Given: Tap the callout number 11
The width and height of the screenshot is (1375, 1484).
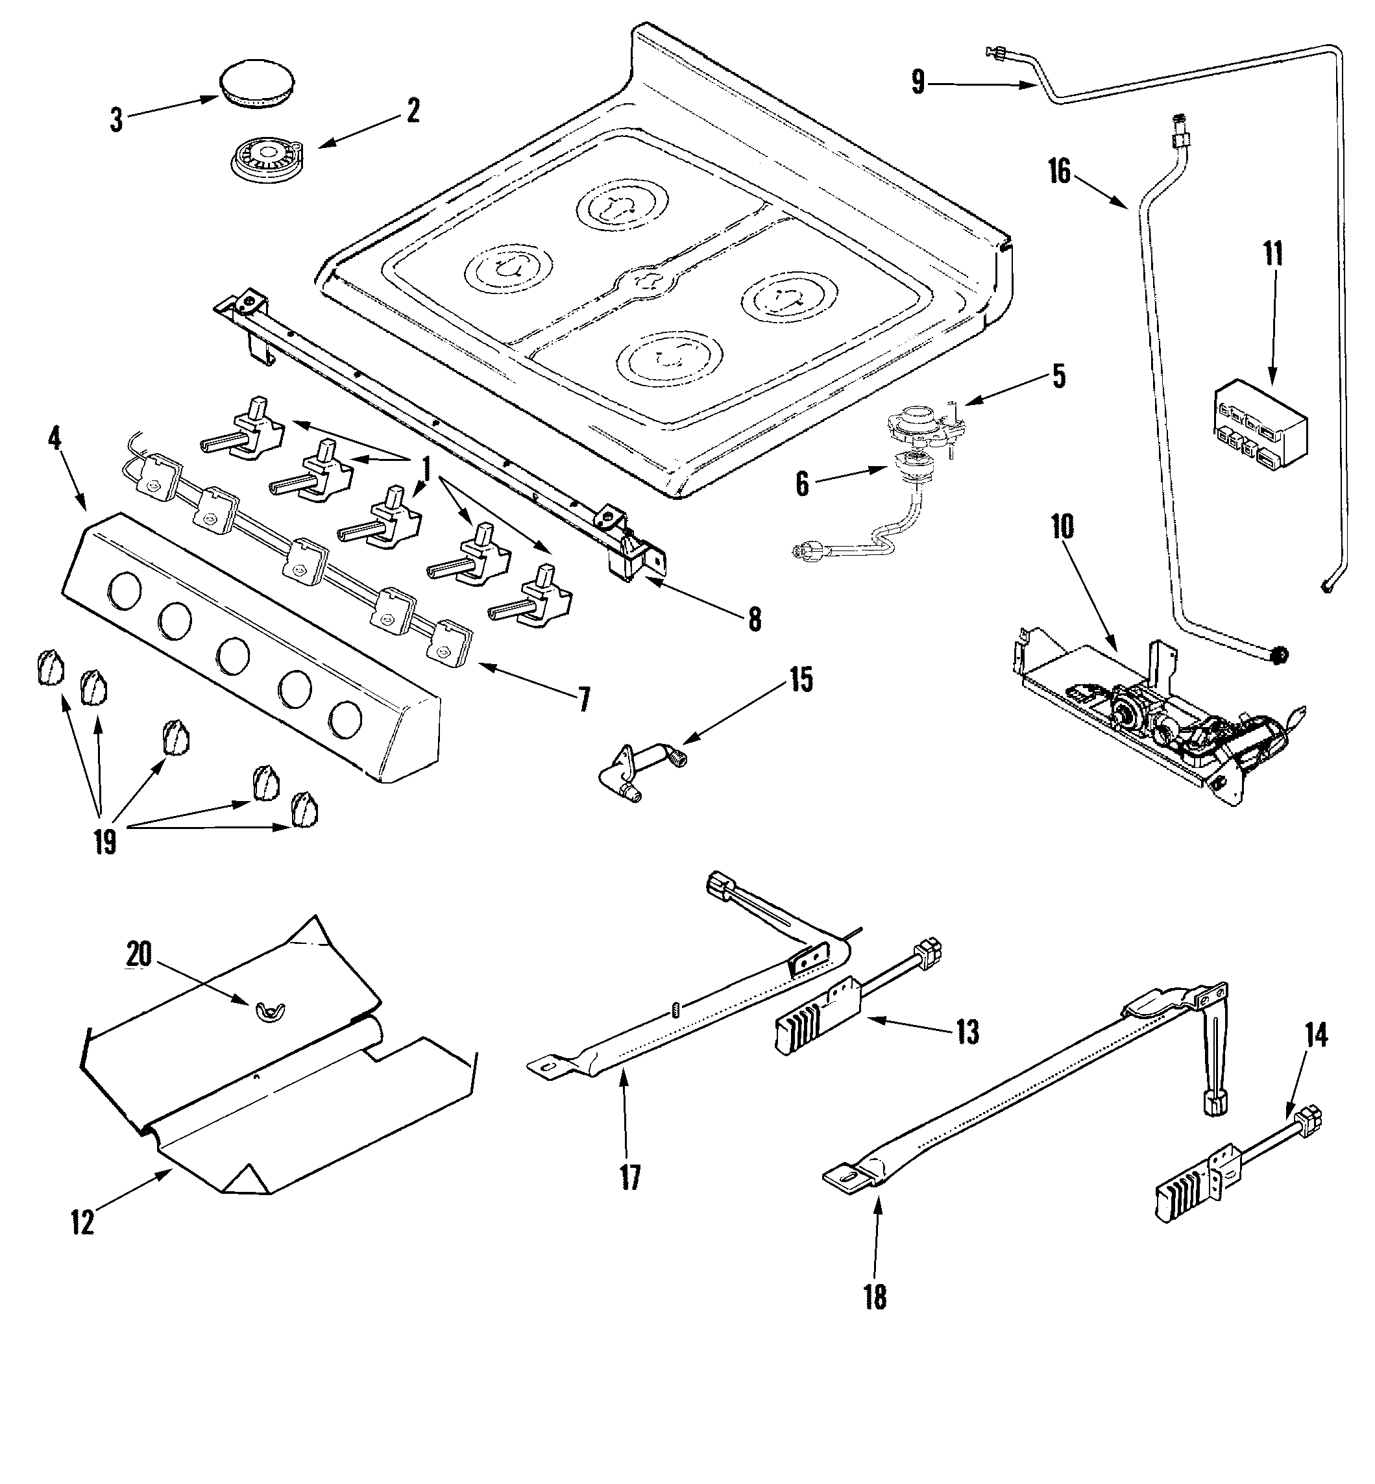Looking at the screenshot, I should (x=1273, y=254).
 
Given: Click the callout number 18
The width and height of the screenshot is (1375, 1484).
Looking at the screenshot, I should (x=876, y=1297).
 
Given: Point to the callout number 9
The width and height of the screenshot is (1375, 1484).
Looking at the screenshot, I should (x=919, y=82).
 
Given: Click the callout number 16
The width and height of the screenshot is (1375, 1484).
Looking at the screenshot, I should (x=1060, y=173).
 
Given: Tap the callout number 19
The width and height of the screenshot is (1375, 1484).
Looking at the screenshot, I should (x=105, y=843).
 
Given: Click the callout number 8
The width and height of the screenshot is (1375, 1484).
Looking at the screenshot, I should (x=755, y=619).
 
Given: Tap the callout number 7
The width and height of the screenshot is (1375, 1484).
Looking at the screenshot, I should (x=584, y=700).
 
